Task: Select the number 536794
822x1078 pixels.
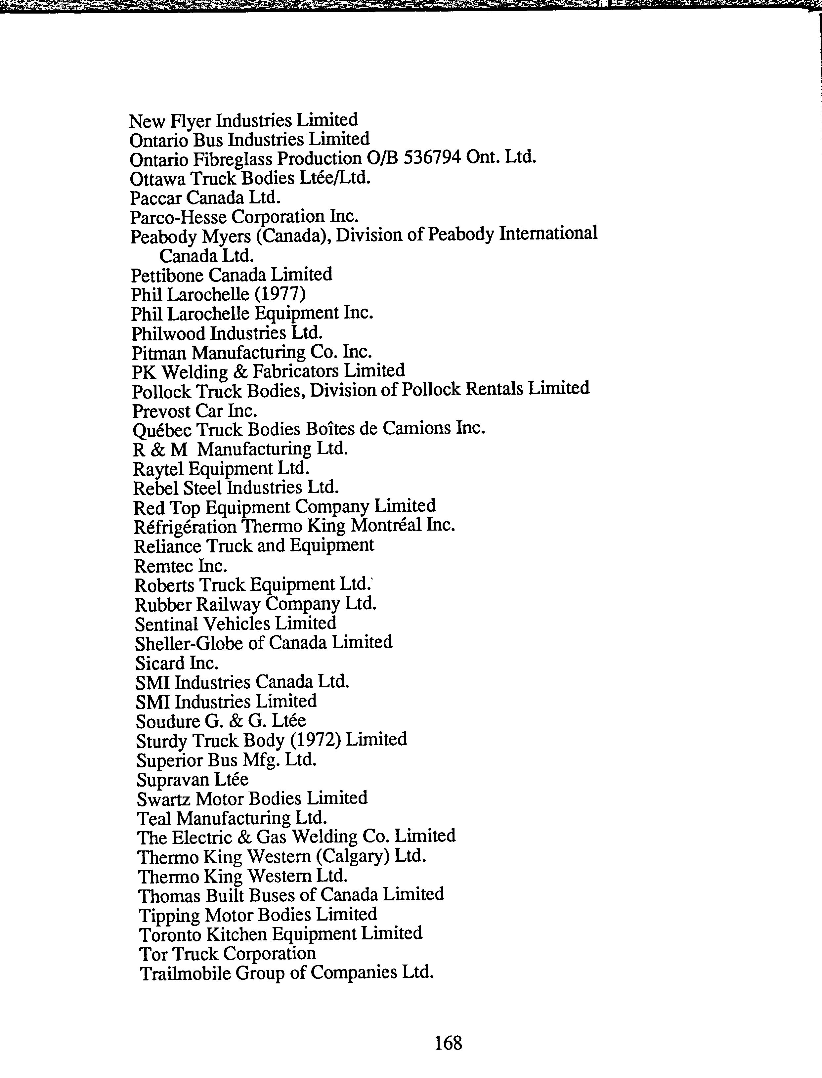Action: pos(432,158)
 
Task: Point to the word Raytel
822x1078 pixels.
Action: pos(158,469)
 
